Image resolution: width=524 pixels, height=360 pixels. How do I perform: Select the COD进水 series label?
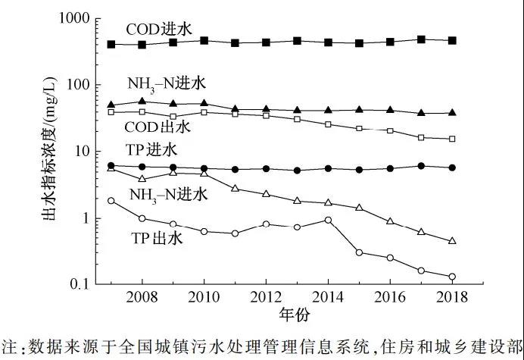pyautogui.click(x=159, y=29)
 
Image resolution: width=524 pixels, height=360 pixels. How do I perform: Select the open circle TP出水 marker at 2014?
pyautogui.click(x=328, y=221)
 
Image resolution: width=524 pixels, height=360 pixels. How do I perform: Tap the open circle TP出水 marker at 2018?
pyautogui.click(x=452, y=277)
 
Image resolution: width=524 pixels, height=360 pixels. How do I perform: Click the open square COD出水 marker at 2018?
pyautogui.click(x=452, y=139)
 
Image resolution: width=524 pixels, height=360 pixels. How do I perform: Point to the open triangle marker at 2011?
pyautogui.click(x=235, y=188)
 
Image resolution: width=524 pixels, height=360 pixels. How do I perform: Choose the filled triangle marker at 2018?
pyautogui.click(x=452, y=113)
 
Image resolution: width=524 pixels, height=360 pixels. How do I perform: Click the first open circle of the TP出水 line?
pyautogui.click(x=111, y=201)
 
